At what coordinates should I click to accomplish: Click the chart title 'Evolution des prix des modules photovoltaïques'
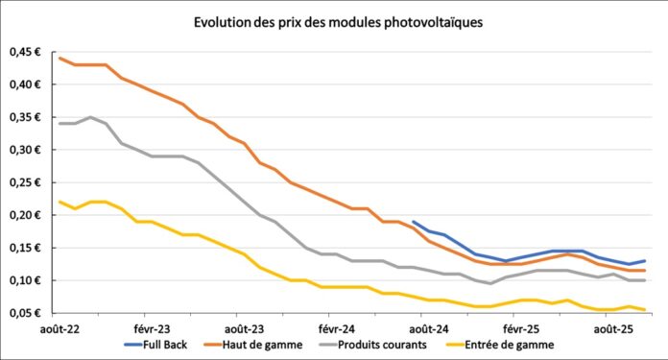334,21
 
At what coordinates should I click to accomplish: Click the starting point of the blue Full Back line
413,222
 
